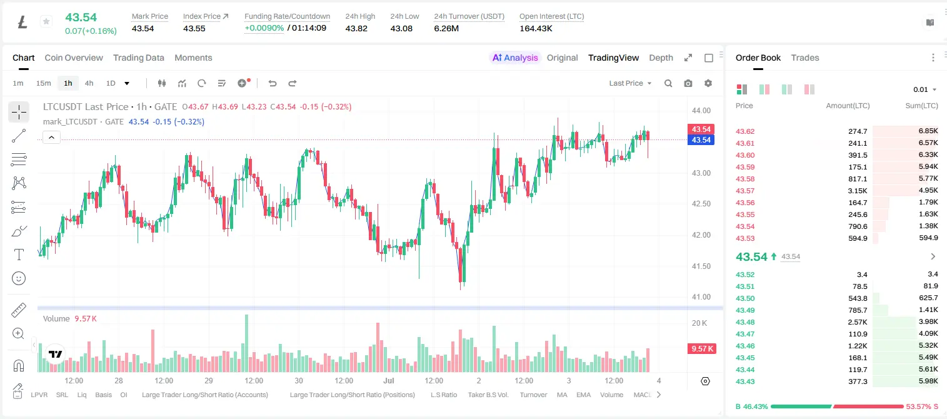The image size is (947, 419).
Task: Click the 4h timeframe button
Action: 89,83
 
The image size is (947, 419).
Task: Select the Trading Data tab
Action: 139,58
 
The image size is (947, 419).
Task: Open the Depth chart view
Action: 661,58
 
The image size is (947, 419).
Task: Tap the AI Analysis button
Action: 515,58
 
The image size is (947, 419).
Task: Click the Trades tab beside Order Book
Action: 805,58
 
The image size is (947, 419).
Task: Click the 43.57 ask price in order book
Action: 745,191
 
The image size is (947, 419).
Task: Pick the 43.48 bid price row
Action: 745,322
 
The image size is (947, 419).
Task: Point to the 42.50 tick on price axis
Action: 701,204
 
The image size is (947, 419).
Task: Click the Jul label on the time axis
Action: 389,380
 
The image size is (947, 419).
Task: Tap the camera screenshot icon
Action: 688,83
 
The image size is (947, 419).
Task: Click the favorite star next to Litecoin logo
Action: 46,21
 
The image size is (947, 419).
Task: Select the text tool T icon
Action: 19,255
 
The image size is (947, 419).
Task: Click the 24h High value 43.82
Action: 356,28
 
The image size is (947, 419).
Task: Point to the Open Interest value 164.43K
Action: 536,28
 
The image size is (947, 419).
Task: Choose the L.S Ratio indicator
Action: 444,395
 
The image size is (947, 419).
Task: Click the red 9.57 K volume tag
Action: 702,349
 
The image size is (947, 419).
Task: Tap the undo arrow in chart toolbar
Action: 273,83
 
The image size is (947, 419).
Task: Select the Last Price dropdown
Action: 630,83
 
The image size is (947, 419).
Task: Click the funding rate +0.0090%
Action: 264,28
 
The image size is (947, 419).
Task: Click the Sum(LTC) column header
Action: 921,106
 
